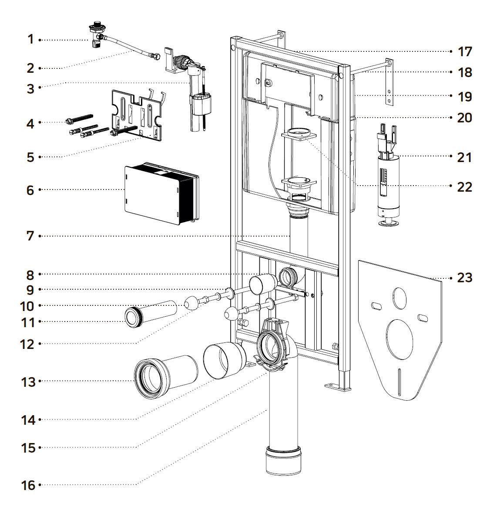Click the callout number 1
pos(30,39)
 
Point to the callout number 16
pos(28,485)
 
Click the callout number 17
pos(465,51)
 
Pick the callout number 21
pos(465,157)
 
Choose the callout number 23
pos(465,277)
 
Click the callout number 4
pos(30,123)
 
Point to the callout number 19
pos(465,96)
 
